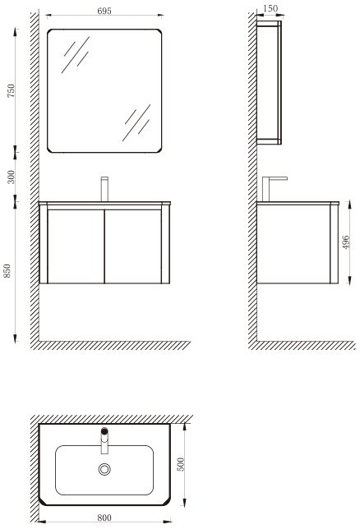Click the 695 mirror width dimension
[104, 11]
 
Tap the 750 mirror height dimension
[12, 90]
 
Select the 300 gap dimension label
[12, 177]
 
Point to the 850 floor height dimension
[7, 271]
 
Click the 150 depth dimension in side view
[270, 8]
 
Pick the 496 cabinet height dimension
[346, 242]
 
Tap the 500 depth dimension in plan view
[181, 464]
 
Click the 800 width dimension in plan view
[104, 517]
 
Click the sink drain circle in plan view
[104, 469]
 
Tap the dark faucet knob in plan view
[104, 430]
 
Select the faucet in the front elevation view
[104, 189]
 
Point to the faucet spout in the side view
[275, 189]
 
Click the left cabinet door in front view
[76, 246]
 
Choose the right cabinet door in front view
[132, 246]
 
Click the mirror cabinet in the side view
[269, 83]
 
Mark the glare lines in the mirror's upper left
[76, 54]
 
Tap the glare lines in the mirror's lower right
[136, 122]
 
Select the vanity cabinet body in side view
[298, 243]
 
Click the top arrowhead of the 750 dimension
[15, 32]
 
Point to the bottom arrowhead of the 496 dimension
[350, 280]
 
